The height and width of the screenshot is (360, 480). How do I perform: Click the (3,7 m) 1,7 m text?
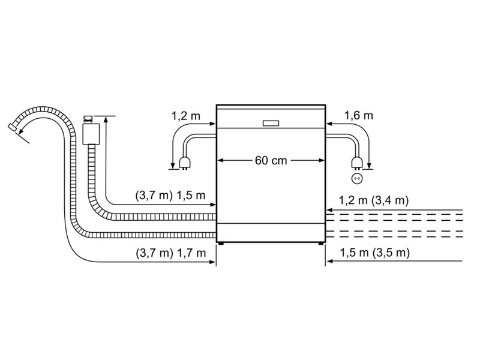[x=171, y=253]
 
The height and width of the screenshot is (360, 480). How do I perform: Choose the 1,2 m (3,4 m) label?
[x=373, y=200]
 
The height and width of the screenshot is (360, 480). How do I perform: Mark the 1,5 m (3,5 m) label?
[x=373, y=253]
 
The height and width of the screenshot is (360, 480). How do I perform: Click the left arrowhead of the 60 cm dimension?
[x=220, y=160]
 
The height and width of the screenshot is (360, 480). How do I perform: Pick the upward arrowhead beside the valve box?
[x=106, y=121]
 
